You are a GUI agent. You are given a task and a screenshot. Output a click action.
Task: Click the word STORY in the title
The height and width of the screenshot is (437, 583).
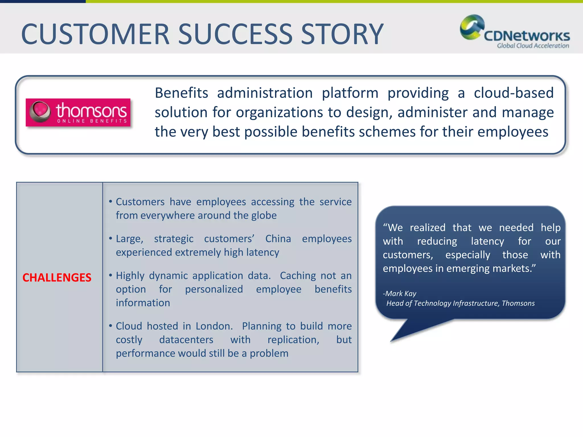point(342,34)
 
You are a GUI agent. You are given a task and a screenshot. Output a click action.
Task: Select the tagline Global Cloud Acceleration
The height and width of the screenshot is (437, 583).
point(533,46)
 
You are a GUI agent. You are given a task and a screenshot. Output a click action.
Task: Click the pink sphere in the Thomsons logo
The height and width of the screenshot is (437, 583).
point(40,111)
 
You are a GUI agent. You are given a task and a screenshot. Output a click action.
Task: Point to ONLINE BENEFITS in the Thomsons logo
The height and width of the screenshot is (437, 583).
point(92,121)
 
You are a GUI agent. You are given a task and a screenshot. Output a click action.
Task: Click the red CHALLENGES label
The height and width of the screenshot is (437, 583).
point(57,277)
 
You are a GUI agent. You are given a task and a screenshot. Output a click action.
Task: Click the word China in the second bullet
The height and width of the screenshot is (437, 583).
point(278,238)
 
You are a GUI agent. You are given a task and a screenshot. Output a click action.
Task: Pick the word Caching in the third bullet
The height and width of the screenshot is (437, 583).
point(298,275)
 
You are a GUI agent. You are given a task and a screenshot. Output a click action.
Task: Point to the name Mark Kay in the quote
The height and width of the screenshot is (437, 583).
point(400,293)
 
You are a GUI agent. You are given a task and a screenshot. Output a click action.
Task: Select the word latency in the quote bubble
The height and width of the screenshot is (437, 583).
point(487,241)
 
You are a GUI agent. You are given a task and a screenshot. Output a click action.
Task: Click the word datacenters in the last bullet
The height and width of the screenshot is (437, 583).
point(186,339)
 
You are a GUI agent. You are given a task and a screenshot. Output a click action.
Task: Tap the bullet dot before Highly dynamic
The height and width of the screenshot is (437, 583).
point(110,275)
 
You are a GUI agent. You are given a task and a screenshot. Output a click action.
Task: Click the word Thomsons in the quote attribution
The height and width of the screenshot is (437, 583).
point(518,303)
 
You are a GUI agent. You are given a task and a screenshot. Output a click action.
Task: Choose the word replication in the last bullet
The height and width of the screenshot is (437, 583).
point(293,339)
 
